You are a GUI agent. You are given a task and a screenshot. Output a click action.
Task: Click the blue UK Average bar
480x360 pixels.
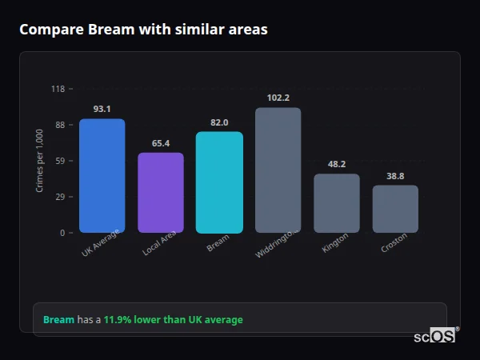pyautogui.click(x=102, y=176)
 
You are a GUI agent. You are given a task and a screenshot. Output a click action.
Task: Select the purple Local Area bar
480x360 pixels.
pyautogui.click(x=161, y=193)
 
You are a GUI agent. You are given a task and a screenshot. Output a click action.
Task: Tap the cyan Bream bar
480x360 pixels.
pyautogui.click(x=219, y=182)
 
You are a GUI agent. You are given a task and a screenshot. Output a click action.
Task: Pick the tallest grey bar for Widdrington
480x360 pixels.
pyautogui.click(x=278, y=170)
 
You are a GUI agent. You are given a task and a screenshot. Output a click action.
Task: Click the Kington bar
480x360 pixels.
pyautogui.click(x=337, y=203)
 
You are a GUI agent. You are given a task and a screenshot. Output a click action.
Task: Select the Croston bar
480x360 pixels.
pyautogui.click(x=395, y=209)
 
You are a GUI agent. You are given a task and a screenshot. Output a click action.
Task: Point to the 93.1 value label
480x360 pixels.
pyautogui.click(x=102, y=109)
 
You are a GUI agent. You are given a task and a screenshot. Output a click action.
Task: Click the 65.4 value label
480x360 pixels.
pyautogui.click(x=161, y=143)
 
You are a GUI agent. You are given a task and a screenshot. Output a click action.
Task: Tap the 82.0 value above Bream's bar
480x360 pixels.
pyautogui.click(x=219, y=122)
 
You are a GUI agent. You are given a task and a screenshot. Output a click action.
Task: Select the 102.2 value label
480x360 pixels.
pyautogui.click(x=278, y=98)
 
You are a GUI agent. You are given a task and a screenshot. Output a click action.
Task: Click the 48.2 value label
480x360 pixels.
pyautogui.click(x=337, y=164)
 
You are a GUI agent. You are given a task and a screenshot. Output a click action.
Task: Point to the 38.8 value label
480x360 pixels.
pyautogui.click(x=395, y=176)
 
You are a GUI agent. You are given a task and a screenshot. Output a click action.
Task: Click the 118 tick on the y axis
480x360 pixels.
pyautogui.click(x=58, y=89)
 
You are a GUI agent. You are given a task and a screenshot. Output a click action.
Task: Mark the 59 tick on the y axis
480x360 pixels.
pyautogui.click(x=60, y=161)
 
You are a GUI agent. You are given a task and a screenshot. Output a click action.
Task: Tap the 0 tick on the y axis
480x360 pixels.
pyautogui.click(x=62, y=233)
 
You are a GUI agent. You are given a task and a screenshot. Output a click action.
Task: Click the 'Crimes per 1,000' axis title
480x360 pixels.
pyautogui.click(x=40, y=161)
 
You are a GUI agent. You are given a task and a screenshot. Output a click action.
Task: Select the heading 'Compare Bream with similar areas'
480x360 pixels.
pyautogui.click(x=143, y=30)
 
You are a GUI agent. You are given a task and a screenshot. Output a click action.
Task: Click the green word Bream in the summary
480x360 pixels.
pyautogui.click(x=58, y=320)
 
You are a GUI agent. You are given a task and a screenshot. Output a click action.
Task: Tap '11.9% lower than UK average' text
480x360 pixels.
pyautogui.click(x=173, y=320)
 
